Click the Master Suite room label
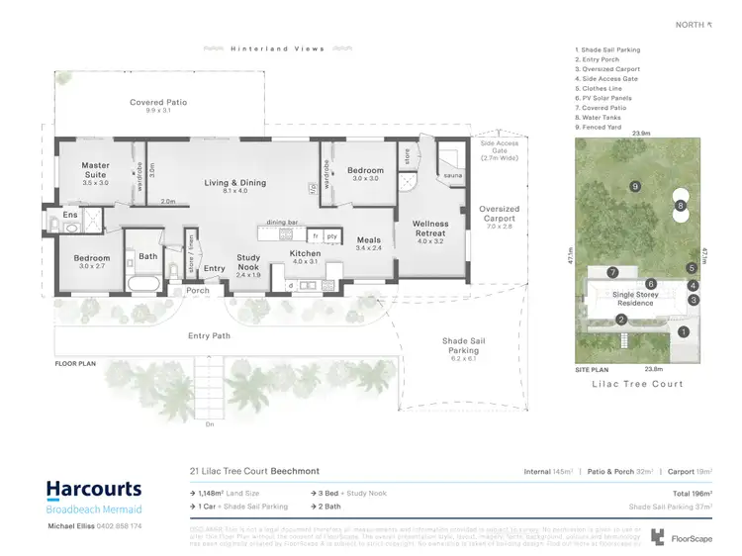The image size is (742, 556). pos(96,170)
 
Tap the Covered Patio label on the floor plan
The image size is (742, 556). pos(158,102)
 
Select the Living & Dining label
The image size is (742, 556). pos(234,183)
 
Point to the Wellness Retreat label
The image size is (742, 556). pos(431,229)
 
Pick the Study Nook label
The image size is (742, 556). pos(248,262)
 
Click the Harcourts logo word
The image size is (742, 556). pos(93,490)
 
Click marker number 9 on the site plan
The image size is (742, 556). pos(635,186)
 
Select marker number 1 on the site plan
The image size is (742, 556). pos(683,332)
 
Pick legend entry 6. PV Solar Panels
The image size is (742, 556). pos(606,98)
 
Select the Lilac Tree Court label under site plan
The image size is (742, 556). pos(637,384)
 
